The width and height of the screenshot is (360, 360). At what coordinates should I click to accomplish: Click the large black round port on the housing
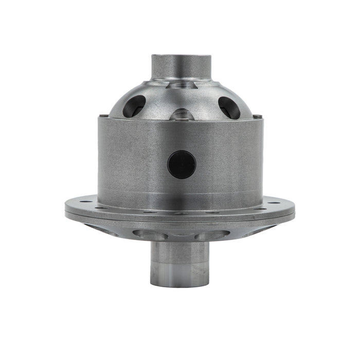182,165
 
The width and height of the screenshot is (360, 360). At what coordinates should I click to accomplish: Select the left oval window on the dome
134,106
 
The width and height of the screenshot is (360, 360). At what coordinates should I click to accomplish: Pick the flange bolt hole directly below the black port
182,212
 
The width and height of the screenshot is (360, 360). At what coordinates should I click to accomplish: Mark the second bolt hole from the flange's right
263,208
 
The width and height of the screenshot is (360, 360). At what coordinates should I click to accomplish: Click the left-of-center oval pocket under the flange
149,235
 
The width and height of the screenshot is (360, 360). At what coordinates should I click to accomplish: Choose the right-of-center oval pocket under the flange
212,235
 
